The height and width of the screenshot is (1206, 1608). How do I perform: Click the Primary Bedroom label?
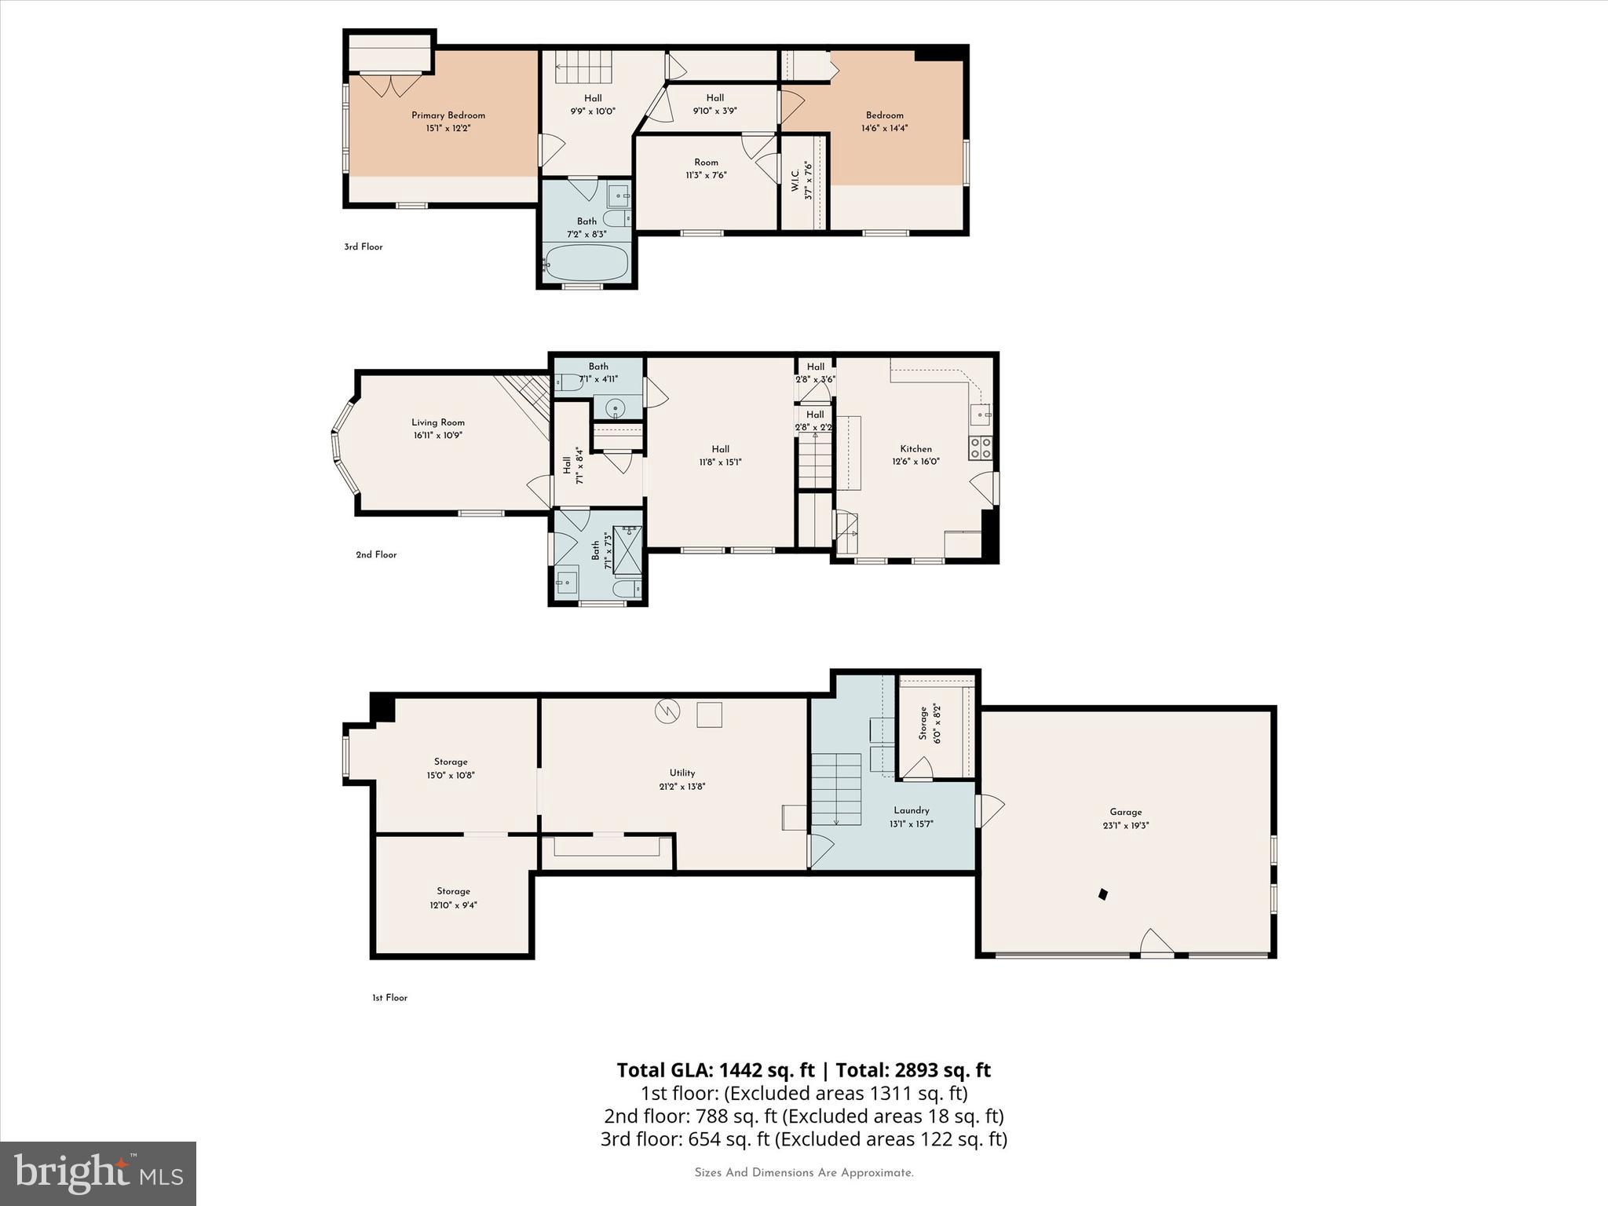[x=448, y=115]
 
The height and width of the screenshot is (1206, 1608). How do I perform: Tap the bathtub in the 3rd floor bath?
[x=587, y=262]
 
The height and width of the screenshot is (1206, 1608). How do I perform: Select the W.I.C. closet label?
[x=795, y=181]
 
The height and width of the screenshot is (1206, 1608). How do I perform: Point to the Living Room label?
[x=438, y=422]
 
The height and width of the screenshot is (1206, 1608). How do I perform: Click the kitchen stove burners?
[x=980, y=448]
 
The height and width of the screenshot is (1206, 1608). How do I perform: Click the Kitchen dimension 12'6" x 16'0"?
[x=915, y=462]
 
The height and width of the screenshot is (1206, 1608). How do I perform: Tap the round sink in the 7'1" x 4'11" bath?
[x=616, y=407]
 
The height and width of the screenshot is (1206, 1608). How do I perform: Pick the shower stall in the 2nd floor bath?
[x=627, y=550]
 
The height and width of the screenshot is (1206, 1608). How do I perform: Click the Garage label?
[x=1126, y=812]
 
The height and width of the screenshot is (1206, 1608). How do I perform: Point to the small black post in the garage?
[x=1102, y=894]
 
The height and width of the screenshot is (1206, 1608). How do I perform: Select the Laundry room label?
[x=911, y=810]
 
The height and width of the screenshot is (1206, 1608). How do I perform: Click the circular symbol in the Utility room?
[x=667, y=711]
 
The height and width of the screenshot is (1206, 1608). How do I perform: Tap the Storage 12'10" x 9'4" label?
[x=453, y=891]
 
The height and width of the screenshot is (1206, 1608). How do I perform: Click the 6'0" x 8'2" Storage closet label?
[x=923, y=723]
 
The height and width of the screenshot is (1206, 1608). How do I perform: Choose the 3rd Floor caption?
[x=363, y=247]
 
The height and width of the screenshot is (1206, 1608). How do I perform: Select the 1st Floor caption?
[x=389, y=998]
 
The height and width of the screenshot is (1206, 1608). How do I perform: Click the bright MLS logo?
[x=98, y=1173]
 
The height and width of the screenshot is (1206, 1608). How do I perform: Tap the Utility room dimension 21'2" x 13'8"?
[x=682, y=786]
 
